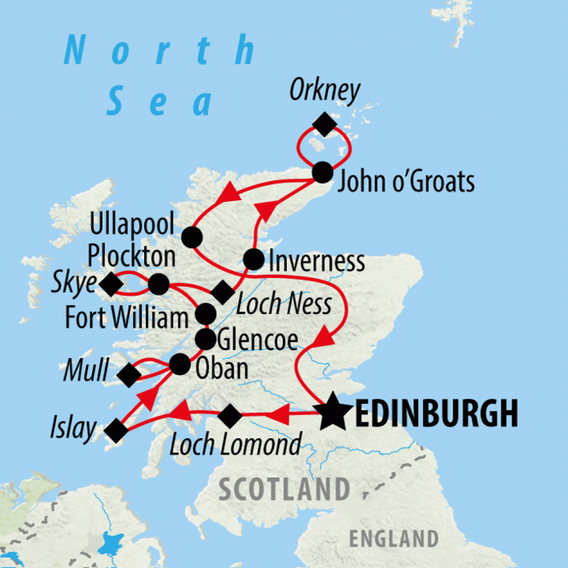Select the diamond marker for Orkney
point(324,123)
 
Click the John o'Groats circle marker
point(322,172)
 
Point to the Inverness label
point(316,261)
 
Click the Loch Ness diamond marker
point(223,292)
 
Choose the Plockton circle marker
point(159,284)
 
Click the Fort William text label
point(127,318)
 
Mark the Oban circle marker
point(179,364)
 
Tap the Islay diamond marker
point(116,430)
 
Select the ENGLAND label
point(393,538)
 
